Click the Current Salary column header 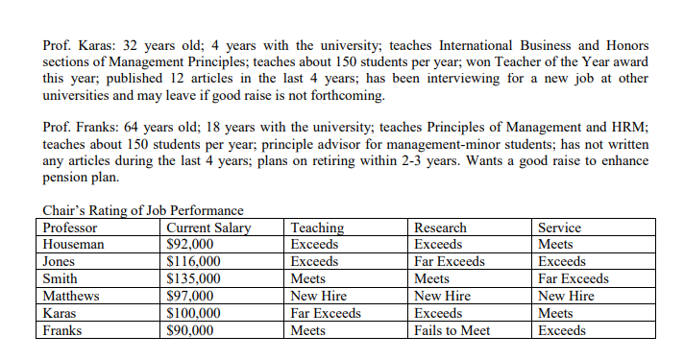click(208, 228)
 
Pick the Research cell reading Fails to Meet click(452, 331)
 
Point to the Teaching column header click(317, 228)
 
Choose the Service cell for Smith click(574, 279)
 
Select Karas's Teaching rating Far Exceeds click(326, 314)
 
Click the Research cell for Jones click(450, 262)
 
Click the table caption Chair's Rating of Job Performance click(143, 211)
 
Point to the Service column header click(559, 228)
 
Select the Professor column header click(70, 228)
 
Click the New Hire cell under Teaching click(318, 297)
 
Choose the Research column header click(440, 228)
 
